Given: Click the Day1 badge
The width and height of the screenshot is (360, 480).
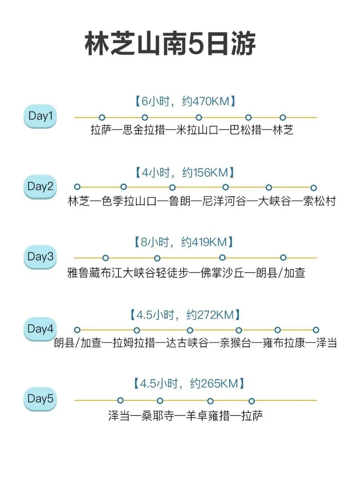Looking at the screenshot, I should coord(40,116).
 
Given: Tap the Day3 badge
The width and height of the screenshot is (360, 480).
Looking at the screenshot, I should coord(40,257).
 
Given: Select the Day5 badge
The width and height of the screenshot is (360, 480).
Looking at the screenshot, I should coord(40,399).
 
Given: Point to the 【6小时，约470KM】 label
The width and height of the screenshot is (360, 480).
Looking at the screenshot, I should coord(185,102).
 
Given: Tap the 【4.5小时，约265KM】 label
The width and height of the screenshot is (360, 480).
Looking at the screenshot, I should coord(186,384).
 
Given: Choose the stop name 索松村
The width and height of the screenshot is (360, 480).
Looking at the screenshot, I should coord(320,202).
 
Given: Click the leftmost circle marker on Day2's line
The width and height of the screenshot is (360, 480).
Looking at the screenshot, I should coord(77,187).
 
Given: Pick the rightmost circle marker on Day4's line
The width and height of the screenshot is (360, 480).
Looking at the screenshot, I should coord(316,330).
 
